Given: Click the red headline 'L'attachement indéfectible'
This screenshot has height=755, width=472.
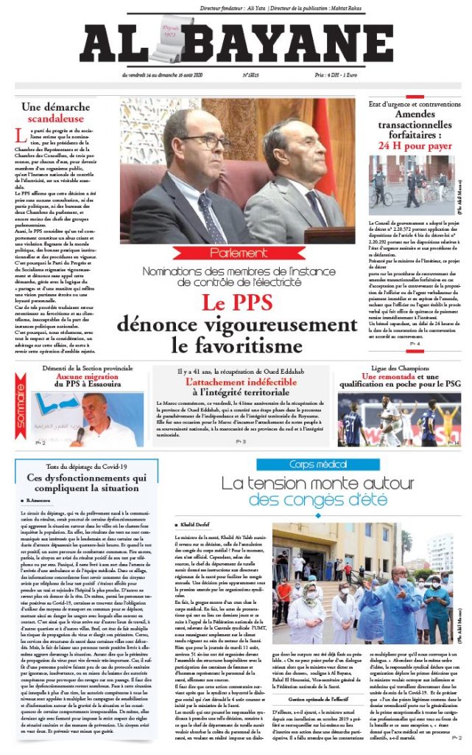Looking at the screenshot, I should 236,384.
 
